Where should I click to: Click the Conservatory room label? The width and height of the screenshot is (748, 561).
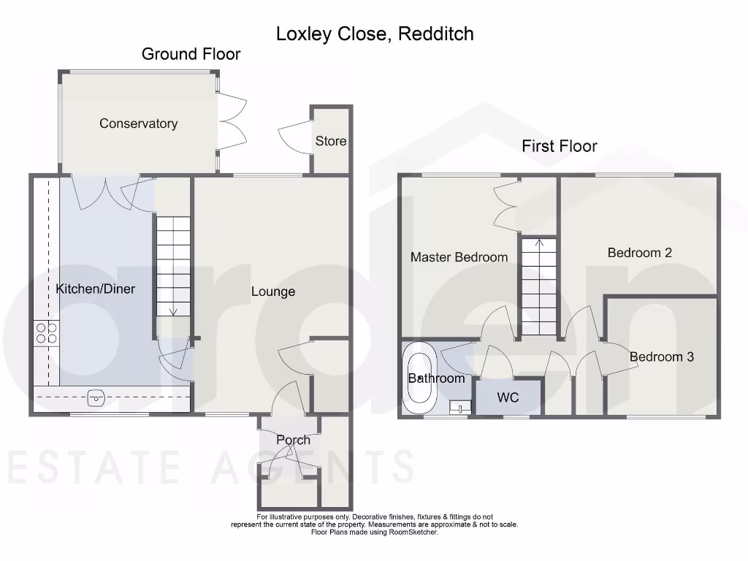(x=138, y=123)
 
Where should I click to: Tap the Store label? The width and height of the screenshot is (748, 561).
(x=330, y=141)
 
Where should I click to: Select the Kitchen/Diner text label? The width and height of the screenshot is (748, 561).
(x=95, y=289)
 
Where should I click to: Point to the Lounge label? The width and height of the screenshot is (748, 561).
(x=273, y=291)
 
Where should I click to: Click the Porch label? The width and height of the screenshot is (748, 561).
(x=293, y=440)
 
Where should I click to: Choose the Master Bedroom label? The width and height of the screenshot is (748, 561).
(x=459, y=257)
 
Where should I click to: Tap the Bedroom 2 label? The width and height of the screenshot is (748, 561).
(x=639, y=253)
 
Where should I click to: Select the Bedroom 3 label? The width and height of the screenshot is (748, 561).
(x=661, y=357)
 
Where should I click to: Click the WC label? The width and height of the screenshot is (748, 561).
(x=508, y=398)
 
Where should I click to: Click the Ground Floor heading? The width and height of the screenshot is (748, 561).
(x=191, y=54)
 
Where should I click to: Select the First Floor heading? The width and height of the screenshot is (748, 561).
(x=559, y=146)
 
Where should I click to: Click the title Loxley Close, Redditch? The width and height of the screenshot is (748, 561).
(x=375, y=34)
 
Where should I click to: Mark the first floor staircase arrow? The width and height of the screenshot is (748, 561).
(x=539, y=243)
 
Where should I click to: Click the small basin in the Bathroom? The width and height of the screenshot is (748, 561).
(x=459, y=405)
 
